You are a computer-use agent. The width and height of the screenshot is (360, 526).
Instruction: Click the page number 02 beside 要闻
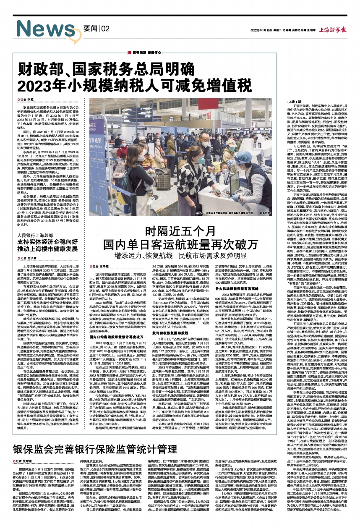click(x=105, y=28)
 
